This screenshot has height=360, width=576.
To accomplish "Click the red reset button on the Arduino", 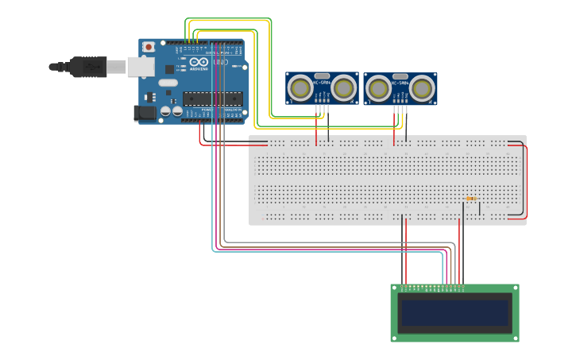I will point(148,48).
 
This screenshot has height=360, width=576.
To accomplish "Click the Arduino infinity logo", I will point(199,63).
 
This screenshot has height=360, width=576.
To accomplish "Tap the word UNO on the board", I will point(221,62).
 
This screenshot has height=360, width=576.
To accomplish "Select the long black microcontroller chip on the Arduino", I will point(212,99).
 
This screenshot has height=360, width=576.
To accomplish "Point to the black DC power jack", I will point(145,114).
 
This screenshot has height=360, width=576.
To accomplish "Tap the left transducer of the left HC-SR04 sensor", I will point(300,87).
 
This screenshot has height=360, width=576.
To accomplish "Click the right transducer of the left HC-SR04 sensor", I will point(344,87).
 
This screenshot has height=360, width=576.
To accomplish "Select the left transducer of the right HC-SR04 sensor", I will point(378,87).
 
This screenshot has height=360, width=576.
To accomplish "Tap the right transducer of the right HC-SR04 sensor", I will point(422,87).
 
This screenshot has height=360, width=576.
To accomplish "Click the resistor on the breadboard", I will point(471,199).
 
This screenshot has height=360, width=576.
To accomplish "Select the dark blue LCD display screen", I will point(454,312).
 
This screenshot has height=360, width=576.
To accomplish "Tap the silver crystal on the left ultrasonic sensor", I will point(322,75).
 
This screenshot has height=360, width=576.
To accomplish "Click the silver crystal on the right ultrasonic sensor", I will point(400,75).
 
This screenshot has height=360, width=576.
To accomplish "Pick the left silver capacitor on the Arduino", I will point(164,112).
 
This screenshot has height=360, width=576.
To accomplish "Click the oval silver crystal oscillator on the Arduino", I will point(168,83).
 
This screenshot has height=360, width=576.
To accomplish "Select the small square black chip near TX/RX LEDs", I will point(169,69).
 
